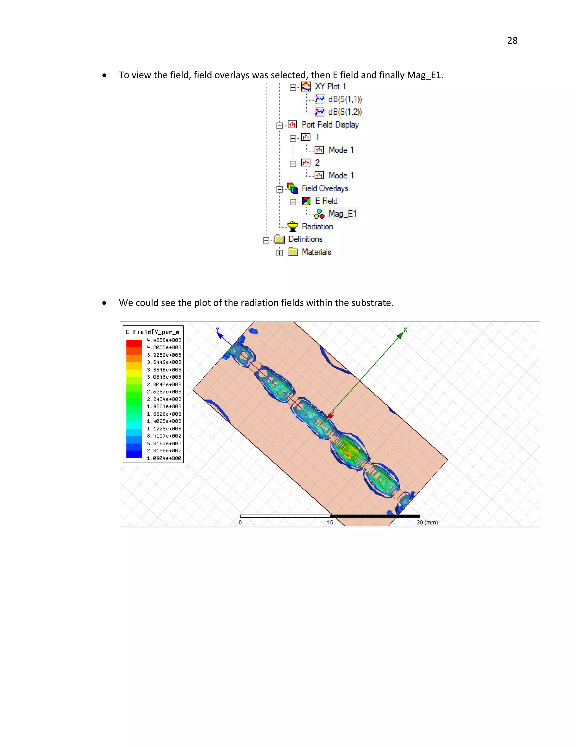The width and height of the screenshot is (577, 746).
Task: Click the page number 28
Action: (512, 41)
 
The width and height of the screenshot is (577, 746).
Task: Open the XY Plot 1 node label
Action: (330, 86)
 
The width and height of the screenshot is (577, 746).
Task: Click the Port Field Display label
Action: (330, 125)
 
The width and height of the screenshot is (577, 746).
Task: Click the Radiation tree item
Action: (317, 226)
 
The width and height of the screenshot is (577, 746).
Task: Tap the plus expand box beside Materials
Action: (279, 253)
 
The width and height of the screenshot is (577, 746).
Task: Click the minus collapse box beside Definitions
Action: (266, 240)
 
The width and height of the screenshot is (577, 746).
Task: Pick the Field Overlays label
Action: (325, 188)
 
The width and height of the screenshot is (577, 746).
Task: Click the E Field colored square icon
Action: (306, 201)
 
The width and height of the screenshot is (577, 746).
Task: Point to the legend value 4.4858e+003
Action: (164, 340)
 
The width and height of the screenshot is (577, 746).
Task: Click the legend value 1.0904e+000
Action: (164, 458)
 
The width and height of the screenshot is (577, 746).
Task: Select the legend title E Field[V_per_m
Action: (152, 332)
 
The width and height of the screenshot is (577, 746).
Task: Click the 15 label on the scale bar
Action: (330, 522)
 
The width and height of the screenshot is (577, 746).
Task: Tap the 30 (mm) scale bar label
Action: (427, 522)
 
